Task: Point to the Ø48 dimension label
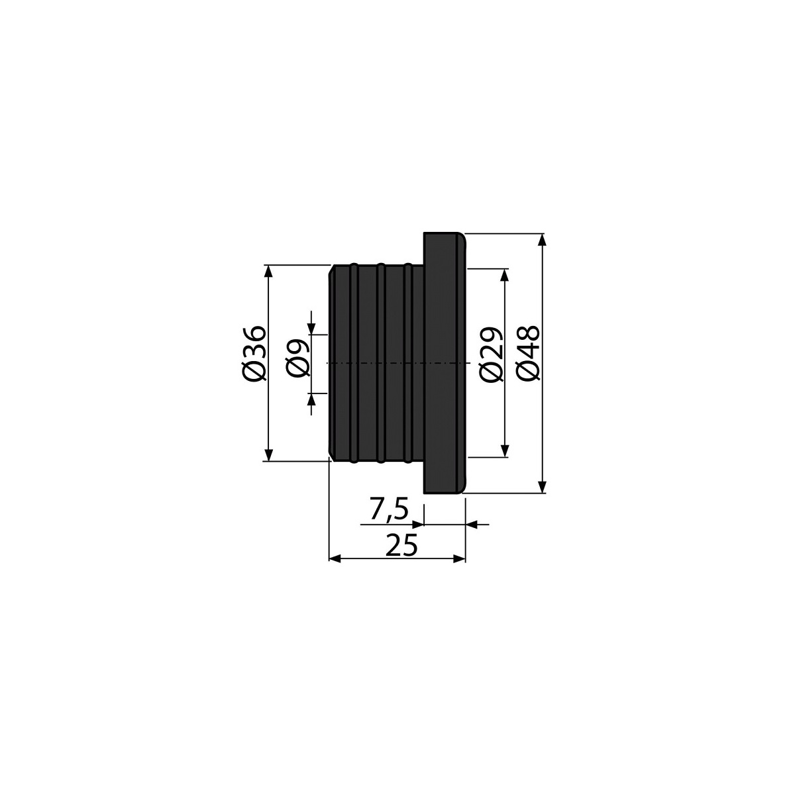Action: point(528,353)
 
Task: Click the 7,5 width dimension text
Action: point(389,509)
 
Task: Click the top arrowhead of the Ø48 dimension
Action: point(543,240)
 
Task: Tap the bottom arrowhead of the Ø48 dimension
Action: point(543,486)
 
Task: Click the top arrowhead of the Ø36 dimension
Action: point(268,271)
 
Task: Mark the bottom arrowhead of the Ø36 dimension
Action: point(268,454)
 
